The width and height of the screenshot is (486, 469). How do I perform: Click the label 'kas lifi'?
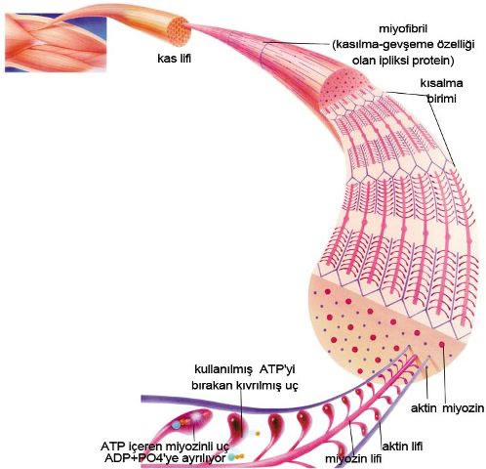point(175,59)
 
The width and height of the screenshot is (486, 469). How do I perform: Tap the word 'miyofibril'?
point(403,28)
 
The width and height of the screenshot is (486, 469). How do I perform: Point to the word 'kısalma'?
point(441,83)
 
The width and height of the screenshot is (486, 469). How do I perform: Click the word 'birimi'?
point(441,99)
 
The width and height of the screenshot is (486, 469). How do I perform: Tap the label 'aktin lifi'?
point(402,446)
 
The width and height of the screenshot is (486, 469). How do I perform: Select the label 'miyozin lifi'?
point(353,458)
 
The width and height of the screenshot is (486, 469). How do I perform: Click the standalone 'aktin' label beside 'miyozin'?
point(424,408)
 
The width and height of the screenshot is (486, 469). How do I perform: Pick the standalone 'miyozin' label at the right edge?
point(463,408)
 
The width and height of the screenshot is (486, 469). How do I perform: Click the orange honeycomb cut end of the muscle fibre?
point(179,31)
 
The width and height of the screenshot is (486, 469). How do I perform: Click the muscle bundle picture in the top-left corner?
point(56,42)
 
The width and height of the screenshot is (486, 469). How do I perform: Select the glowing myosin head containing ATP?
point(192,420)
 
